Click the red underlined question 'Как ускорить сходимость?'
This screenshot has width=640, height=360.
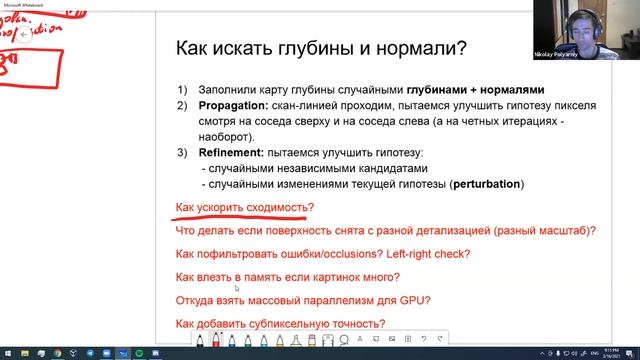244,208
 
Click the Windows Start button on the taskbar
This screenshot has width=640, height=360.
7,353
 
